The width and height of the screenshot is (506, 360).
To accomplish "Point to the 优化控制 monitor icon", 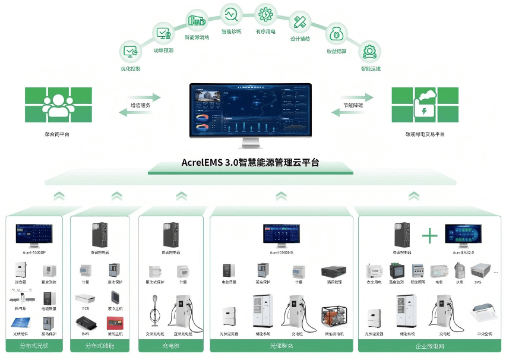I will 130,51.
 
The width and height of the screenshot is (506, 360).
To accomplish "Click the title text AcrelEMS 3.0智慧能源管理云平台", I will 250,162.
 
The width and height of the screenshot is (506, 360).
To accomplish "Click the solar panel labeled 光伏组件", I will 20,323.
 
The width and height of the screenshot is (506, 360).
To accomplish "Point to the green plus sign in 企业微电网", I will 429,235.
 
